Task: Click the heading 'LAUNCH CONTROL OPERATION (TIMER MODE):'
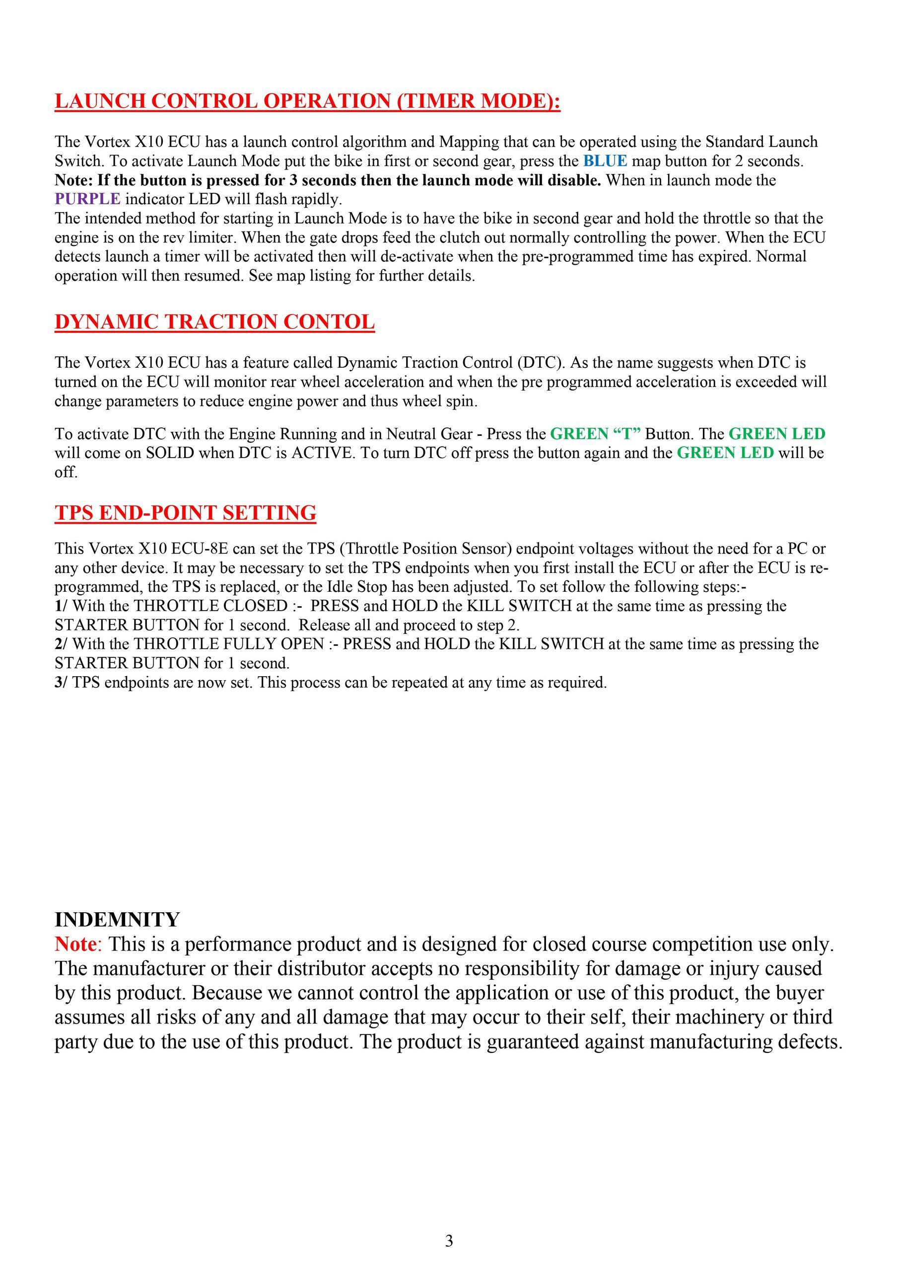point(307,101)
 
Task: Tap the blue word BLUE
point(605,161)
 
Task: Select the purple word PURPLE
point(87,199)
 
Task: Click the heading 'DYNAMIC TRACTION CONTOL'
point(215,322)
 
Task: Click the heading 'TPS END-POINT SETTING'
point(186,512)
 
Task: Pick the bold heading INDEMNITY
point(117,920)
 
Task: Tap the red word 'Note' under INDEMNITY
point(75,944)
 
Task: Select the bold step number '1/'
point(61,606)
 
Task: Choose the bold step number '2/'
point(61,644)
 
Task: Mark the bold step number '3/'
point(61,683)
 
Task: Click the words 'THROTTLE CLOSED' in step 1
point(210,606)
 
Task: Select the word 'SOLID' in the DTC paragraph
point(170,453)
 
